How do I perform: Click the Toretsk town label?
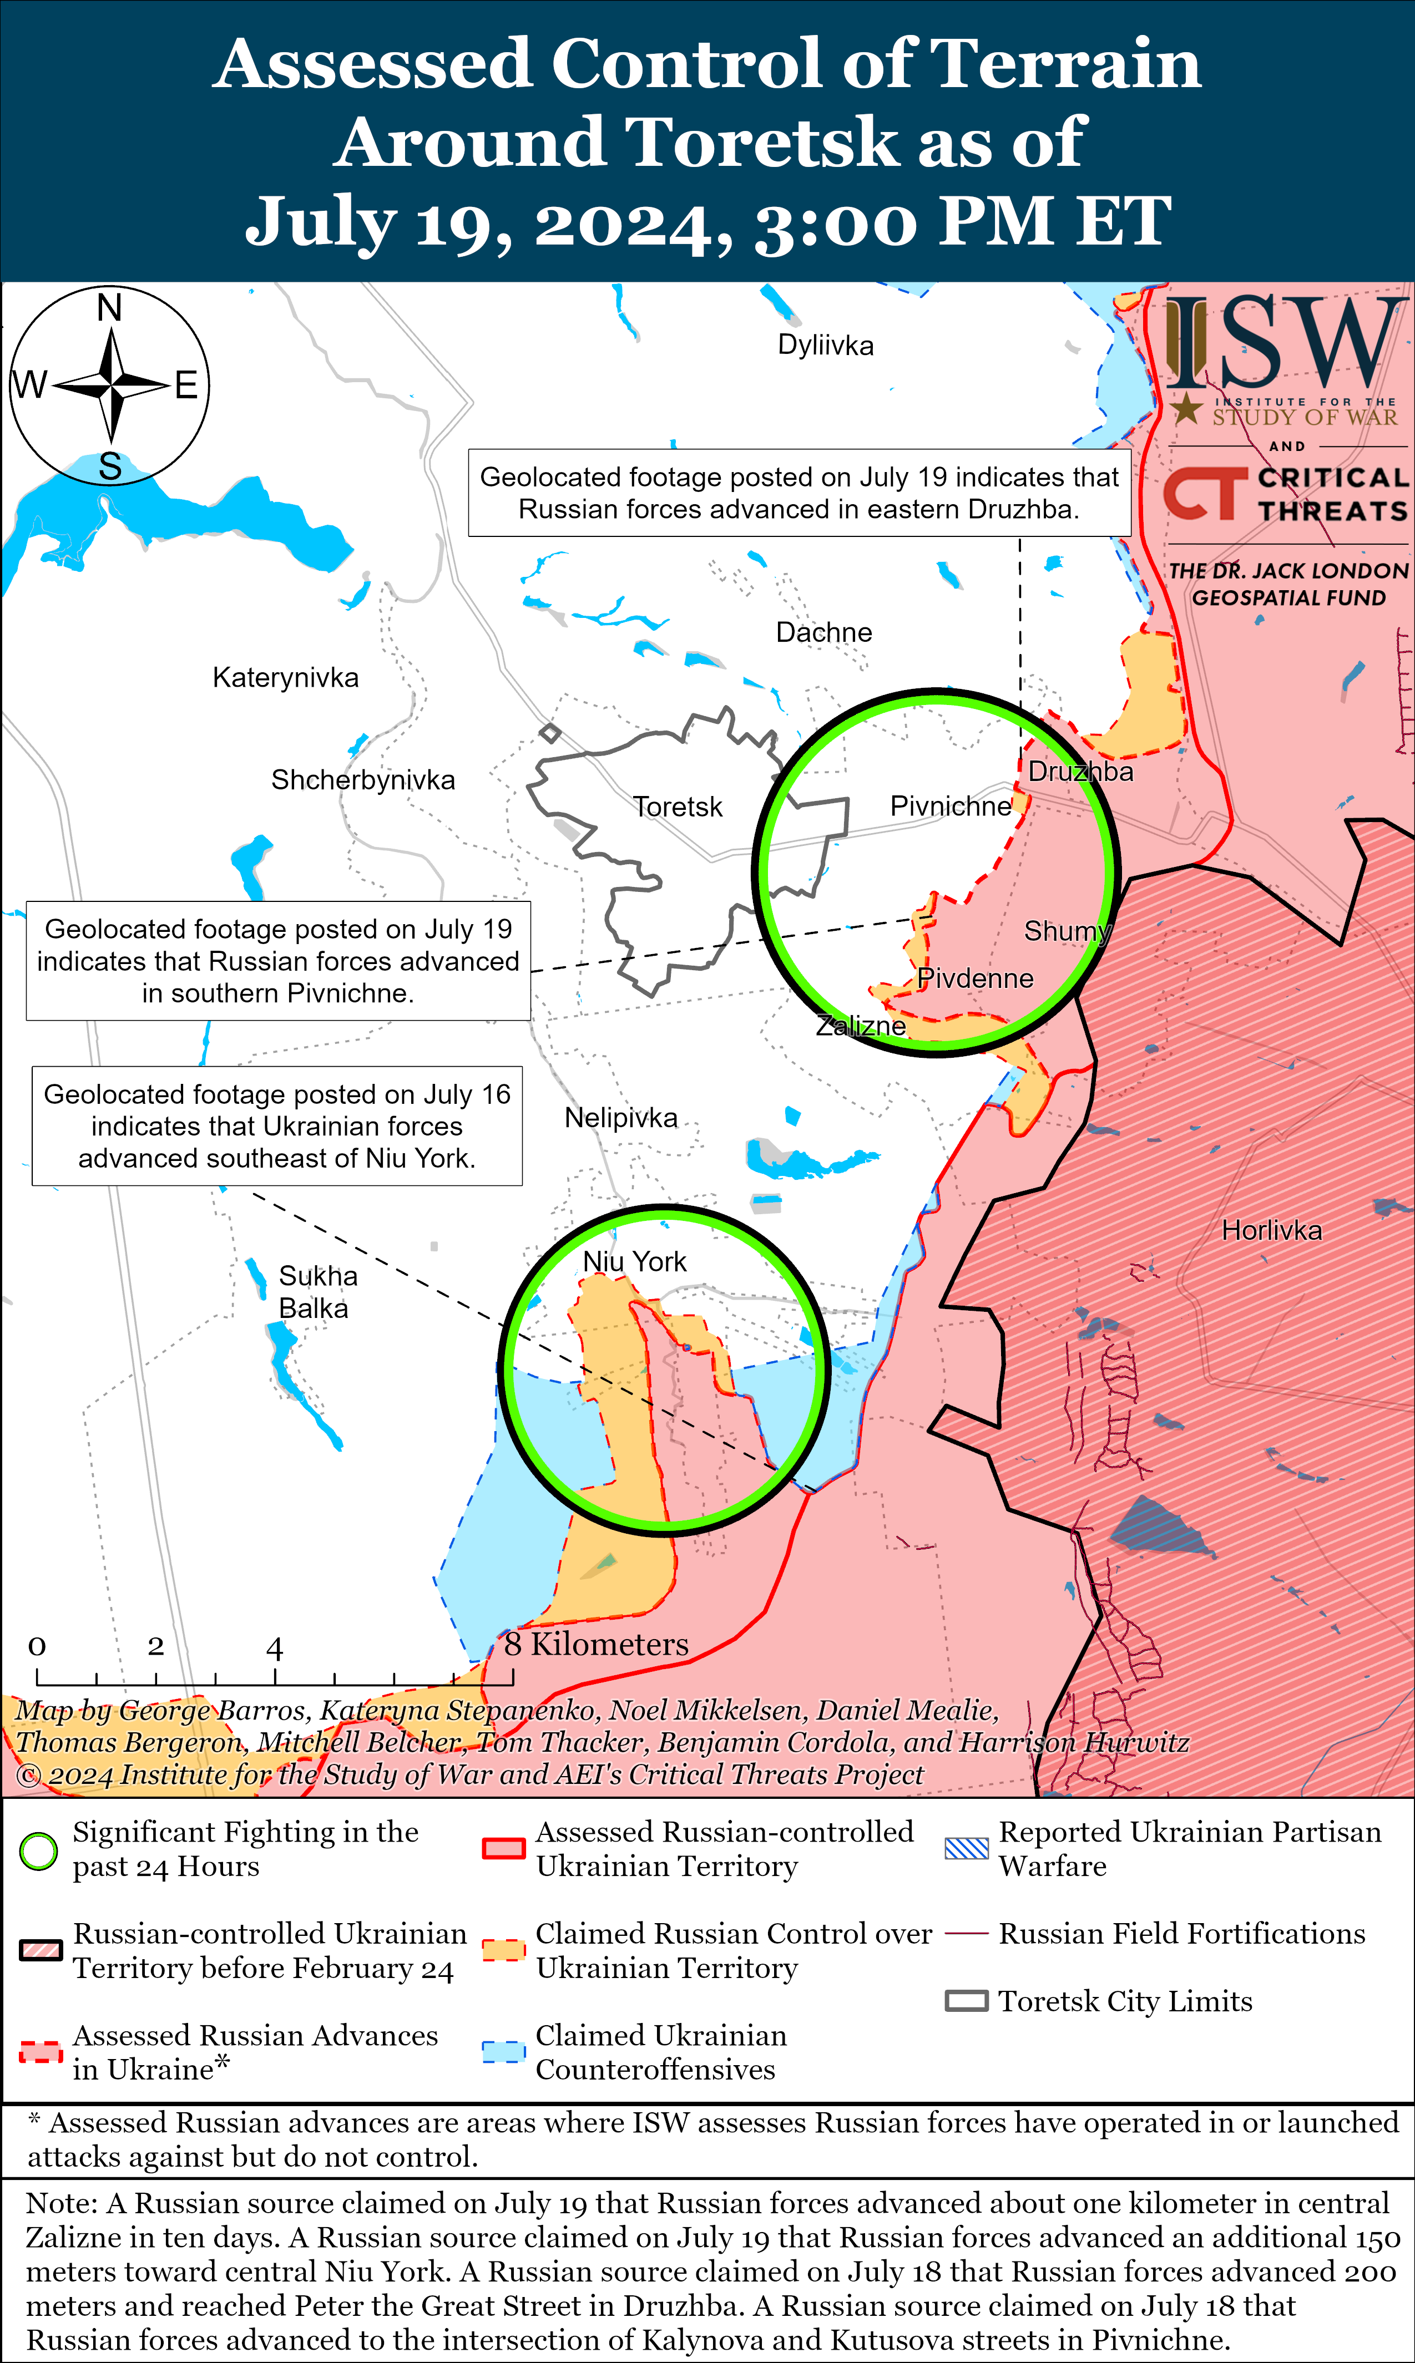coord(678,808)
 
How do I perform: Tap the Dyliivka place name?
coord(826,345)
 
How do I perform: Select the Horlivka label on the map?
coord(1271,1230)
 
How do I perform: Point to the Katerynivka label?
coord(285,678)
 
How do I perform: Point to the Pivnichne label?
coord(949,807)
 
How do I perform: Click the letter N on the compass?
coord(110,308)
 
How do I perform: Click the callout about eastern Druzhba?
coord(799,493)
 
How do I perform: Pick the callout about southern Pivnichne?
coord(277,961)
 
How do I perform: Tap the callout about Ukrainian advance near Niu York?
coord(276,1125)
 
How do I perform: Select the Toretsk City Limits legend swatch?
coord(966,2001)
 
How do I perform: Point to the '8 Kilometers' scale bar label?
coord(596,1644)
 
